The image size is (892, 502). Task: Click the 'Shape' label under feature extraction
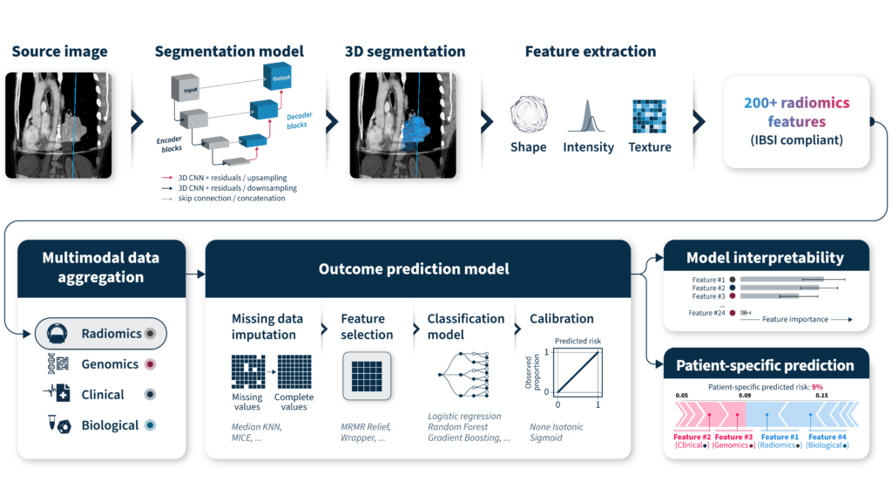(528, 147)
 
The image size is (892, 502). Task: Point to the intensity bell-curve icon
(588, 116)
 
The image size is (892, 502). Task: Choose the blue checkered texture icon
(649, 116)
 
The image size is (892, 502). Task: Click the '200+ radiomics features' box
(796, 121)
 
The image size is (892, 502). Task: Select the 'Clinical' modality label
(103, 395)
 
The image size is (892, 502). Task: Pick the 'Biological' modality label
(110, 425)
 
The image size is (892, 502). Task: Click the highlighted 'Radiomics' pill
(100, 333)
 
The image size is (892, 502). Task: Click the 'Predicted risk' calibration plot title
(578, 340)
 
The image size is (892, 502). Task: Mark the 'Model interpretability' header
(765, 257)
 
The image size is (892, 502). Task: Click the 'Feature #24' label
(706, 312)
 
